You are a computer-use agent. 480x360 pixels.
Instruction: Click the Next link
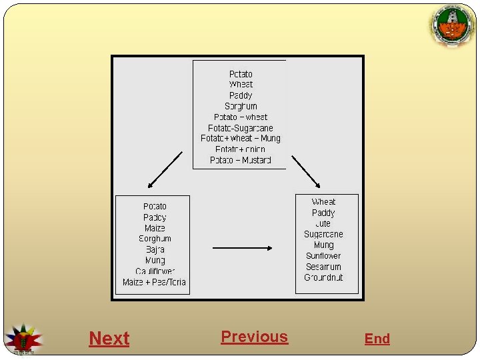(x=109, y=339)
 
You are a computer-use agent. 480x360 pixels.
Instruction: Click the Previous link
(x=254, y=337)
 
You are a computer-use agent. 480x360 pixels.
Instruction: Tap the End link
(x=377, y=339)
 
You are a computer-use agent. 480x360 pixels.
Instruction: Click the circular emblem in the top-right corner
(x=453, y=26)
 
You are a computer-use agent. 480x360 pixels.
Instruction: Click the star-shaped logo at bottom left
(x=23, y=339)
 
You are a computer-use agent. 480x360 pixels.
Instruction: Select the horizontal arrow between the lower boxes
(x=242, y=248)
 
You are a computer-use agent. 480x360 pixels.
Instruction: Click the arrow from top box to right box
(x=306, y=171)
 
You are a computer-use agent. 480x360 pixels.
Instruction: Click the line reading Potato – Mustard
(x=240, y=160)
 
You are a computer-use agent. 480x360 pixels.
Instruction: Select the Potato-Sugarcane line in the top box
(x=240, y=128)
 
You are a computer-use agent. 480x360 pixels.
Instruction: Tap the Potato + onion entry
(x=240, y=149)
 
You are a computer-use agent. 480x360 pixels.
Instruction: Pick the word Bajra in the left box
(x=155, y=249)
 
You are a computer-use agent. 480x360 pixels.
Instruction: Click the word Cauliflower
(x=155, y=271)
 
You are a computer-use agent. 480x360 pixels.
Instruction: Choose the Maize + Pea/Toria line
(x=155, y=282)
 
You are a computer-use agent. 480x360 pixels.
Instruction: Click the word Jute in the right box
(x=323, y=223)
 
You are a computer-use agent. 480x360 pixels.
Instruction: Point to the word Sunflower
(x=323, y=256)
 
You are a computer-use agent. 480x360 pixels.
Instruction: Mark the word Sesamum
(x=323, y=267)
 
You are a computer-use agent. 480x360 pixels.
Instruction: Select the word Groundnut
(x=323, y=277)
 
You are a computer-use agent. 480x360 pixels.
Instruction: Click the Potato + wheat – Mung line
(x=240, y=139)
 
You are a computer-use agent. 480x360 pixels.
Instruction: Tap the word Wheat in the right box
(x=323, y=202)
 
